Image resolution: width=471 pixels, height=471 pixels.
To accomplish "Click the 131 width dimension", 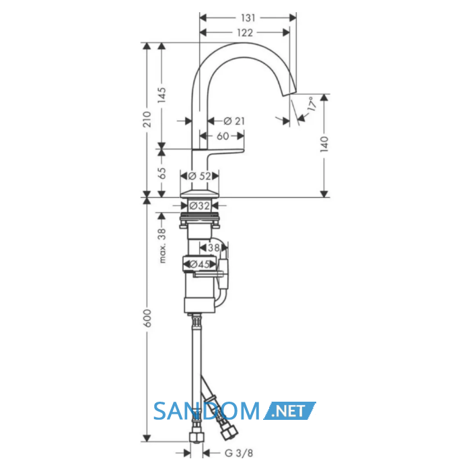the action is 248,18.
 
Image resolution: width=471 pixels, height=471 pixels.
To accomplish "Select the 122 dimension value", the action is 245,32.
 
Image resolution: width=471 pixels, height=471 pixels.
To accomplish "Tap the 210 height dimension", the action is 147,119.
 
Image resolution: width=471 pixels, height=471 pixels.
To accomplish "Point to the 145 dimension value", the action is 161,95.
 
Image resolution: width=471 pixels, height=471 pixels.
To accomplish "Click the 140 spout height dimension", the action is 324,144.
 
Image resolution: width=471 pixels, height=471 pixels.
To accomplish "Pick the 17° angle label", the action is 312,104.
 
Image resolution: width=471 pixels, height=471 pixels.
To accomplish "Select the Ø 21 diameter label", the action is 234,121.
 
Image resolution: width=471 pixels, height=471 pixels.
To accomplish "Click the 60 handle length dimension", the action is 223,136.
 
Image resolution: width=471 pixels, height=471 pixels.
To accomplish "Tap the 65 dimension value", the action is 161,174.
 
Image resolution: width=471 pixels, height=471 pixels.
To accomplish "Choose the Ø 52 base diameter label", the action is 200,176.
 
